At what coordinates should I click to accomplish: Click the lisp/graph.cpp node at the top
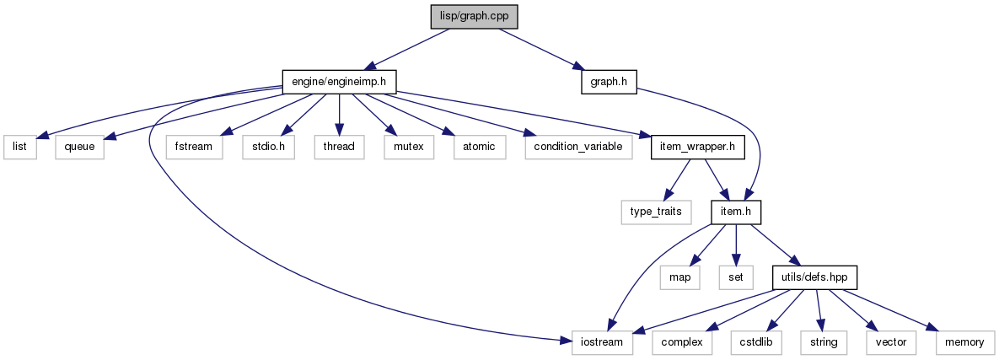pyautogui.click(x=474, y=16)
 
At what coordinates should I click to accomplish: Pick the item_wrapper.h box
pyautogui.click(x=698, y=147)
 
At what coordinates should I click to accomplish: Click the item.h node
pyautogui.click(x=737, y=212)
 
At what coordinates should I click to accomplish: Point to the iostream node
pyautogui.click(x=603, y=343)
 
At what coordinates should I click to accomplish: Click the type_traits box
pyautogui.click(x=657, y=212)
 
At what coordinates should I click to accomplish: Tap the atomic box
pyautogui.click(x=480, y=147)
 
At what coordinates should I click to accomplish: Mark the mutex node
pyautogui.click(x=408, y=147)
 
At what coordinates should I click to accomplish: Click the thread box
pyautogui.click(x=339, y=147)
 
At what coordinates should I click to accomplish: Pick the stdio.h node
pyautogui.click(x=268, y=147)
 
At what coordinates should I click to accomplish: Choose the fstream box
pyautogui.click(x=195, y=147)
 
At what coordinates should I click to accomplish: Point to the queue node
pyautogui.click(x=79, y=147)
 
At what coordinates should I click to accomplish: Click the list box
pyautogui.click(x=19, y=147)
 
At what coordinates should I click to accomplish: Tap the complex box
pyautogui.click(x=682, y=343)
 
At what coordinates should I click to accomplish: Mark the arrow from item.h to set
pyautogui.click(x=737, y=244)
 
